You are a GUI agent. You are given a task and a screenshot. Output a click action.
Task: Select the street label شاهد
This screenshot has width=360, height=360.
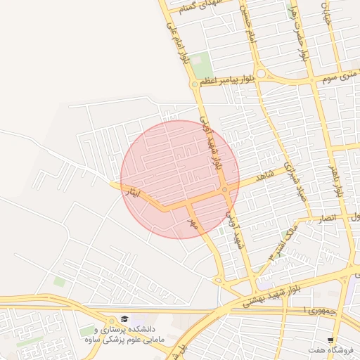click(x=264, y=177)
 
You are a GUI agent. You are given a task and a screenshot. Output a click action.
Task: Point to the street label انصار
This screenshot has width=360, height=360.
click(x=330, y=220)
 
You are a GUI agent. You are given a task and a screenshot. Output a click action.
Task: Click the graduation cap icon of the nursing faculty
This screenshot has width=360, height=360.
click(x=124, y=318)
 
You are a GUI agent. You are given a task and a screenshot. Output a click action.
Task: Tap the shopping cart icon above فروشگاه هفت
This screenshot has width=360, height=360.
click(x=330, y=340)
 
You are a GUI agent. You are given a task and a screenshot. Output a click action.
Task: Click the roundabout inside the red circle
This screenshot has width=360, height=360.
click(x=224, y=191)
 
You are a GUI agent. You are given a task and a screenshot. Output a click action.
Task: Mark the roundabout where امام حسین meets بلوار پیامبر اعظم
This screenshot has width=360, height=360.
click(x=260, y=74)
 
